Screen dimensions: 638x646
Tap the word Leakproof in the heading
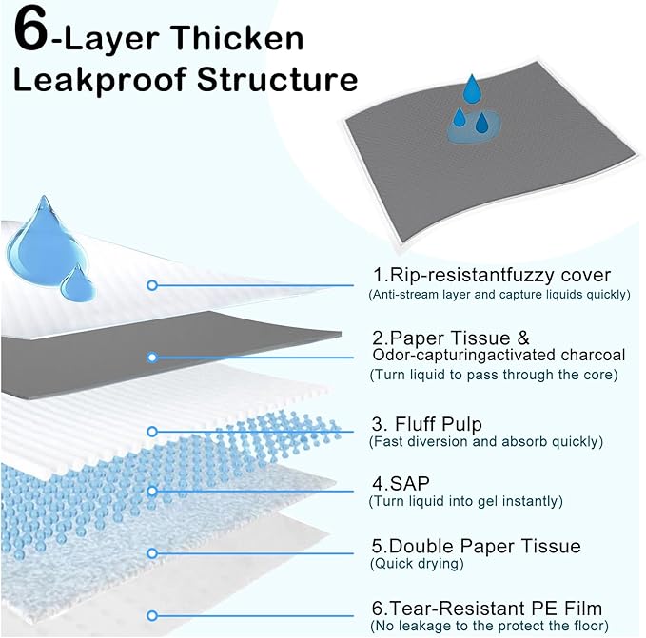coord(94,79)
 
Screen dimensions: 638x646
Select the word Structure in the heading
coord(277,79)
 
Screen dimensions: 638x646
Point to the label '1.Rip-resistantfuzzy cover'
coord(491,276)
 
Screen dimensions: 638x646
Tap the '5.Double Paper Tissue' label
coord(476,546)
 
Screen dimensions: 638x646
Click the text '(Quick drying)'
coord(415,563)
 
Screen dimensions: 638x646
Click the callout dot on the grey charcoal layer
coord(151,358)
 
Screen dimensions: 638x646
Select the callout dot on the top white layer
coord(151,284)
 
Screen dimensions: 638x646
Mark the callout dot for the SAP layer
coord(151,491)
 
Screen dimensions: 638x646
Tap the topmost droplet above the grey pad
coord(472,88)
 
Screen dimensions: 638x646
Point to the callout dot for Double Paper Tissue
coord(151,552)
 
